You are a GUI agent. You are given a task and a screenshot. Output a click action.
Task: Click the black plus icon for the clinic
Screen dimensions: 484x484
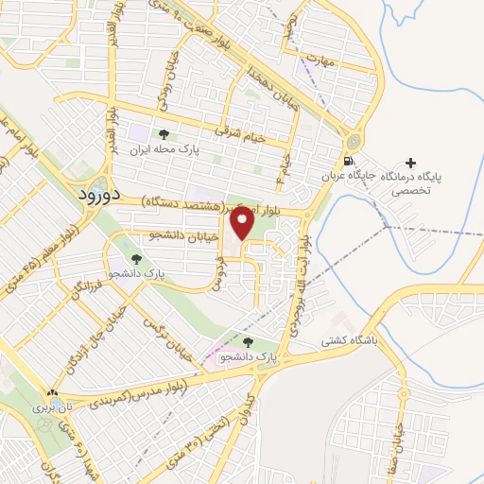tap(410, 164)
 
